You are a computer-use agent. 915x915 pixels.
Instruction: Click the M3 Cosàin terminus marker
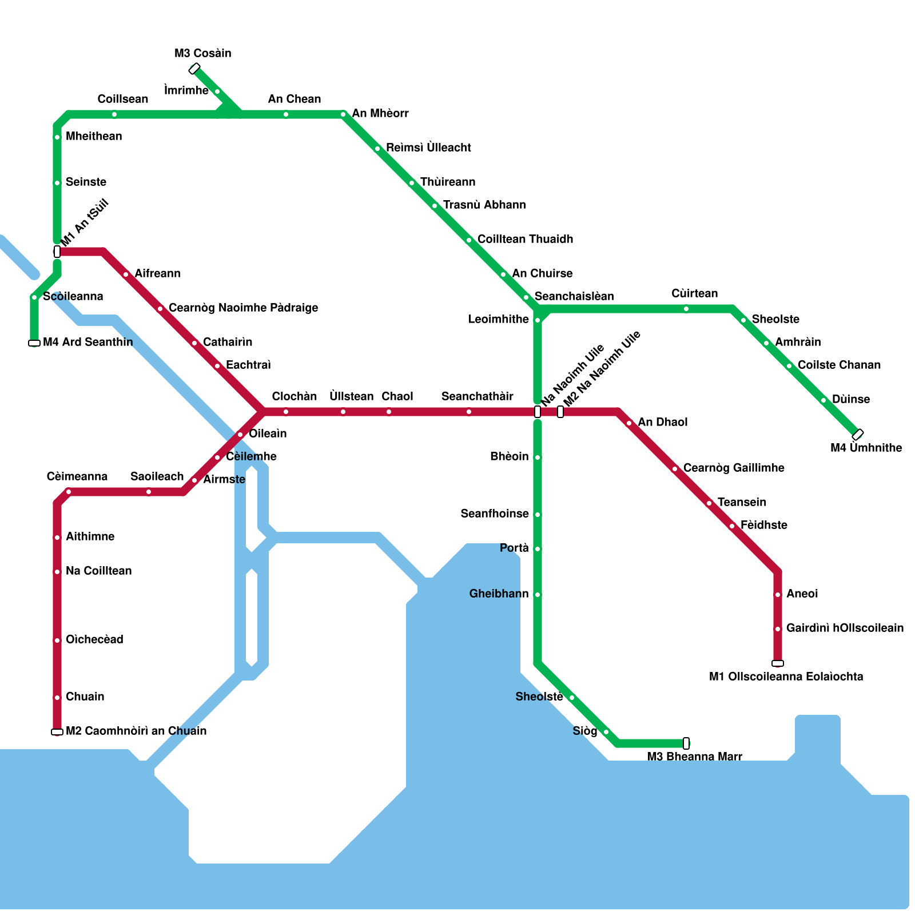(194, 69)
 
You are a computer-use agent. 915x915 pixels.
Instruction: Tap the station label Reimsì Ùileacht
(428, 148)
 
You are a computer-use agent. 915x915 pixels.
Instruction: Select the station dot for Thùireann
(412, 183)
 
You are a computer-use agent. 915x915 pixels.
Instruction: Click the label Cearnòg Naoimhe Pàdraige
(243, 308)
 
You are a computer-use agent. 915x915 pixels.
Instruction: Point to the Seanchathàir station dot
(469, 412)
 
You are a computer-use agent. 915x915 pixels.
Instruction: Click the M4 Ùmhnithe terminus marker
(857, 435)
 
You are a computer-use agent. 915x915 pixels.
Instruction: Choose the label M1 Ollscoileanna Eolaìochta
(786, 677)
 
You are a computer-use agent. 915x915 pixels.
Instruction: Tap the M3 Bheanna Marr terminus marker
(686, 743)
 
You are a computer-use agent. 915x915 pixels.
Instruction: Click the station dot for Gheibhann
(538, 595)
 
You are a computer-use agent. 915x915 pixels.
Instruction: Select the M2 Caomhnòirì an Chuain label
(136, 731)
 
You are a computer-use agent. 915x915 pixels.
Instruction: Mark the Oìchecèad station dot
(57, 640)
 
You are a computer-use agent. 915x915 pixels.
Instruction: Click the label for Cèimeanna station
(77, 476)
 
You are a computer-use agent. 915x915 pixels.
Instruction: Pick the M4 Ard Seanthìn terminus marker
(34, 343)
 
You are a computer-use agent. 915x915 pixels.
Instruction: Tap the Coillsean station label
(122, 99)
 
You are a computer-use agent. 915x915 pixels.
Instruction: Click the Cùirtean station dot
(686, 309)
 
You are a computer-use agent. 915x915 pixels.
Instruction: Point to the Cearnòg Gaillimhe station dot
(675, 469)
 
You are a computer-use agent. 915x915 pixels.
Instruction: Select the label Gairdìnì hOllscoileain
(845, 628)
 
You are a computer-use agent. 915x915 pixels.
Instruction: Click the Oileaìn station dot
(240, 435)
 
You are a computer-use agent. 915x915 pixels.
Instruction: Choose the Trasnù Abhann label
(484, 205)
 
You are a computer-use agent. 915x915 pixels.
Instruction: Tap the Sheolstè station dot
(572, 698)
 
